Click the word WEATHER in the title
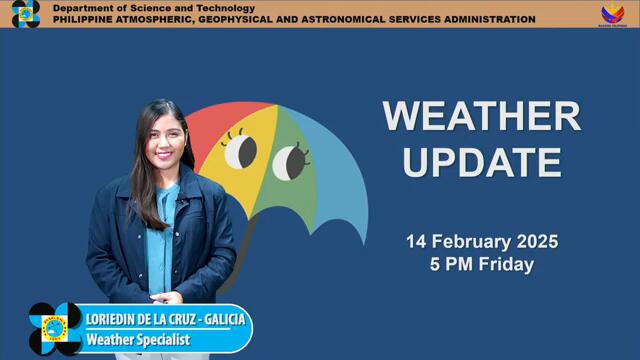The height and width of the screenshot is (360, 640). coord(481,116)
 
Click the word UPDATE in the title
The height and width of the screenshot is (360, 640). coord(481,161)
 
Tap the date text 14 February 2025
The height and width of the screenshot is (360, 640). coord(481,242)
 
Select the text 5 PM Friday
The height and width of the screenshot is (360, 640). coord(481,265)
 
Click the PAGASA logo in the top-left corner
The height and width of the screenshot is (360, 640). coord(26,14)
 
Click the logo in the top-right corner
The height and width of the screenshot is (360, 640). coord(612,14)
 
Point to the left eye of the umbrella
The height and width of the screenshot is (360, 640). coord(240,152)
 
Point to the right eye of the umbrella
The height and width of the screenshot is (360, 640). coord(290,160)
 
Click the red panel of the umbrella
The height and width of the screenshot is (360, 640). coord(215,125)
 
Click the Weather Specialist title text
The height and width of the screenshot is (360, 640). coord(137,340)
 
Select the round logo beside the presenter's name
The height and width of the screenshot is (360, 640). coord(55,329)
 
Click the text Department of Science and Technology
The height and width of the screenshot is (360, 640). coord(153,8)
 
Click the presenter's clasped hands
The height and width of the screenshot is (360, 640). coord(166,297)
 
